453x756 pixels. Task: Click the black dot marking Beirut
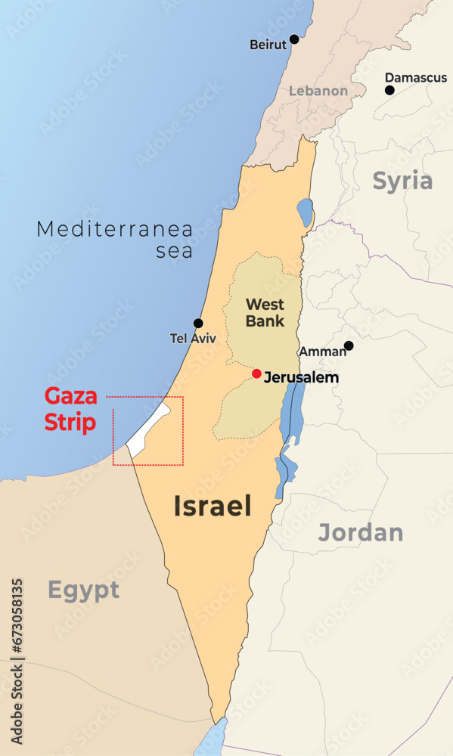294,39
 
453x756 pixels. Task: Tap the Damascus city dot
389,90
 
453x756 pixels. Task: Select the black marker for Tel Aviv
198,323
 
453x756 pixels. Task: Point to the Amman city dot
349,345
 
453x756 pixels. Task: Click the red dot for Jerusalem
257,373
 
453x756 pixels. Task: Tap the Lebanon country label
318,91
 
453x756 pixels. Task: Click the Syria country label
402,181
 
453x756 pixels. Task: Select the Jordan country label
360,532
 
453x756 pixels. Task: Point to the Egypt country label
83,590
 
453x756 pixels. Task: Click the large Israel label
213,506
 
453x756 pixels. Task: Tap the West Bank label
265,312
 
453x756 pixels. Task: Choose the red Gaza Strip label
70,409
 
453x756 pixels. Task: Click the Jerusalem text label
301,377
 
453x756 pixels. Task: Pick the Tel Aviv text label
193,339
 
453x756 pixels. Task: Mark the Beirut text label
268,45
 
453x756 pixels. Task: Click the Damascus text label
416,77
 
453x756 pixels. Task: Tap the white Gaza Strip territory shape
148,432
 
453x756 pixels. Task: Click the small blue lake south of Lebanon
305,212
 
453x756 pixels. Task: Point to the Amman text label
322,352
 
